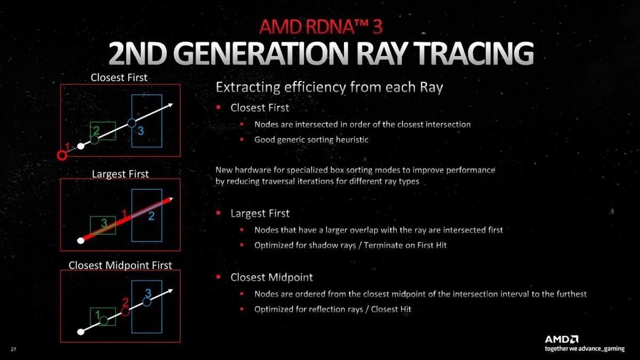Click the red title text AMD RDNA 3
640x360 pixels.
(321, 27)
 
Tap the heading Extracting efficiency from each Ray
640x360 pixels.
(329, 87)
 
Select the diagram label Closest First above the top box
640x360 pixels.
(119, 77)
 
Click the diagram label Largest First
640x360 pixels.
(121, 174)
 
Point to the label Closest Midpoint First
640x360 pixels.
(121, 266)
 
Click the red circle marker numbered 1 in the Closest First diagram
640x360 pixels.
(62, 155)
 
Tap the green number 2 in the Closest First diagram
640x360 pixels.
(97, 131)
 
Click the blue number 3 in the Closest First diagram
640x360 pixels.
(141, 131)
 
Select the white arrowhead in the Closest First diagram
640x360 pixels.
(170, 105)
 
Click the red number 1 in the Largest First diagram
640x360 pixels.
(124, 213)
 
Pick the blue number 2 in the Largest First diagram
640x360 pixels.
(151, 216)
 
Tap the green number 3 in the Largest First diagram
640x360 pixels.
(104, 223)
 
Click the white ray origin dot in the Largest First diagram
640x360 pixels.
(81, 241)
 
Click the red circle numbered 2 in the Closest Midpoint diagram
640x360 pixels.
(125, 311)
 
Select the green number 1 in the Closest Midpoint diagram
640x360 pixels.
(98, 315)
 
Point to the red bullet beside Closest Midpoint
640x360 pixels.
(219, 277)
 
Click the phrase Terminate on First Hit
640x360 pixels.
(405, 245)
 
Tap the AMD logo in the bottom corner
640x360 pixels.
(562, 339)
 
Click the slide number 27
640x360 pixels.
(13, 349)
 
